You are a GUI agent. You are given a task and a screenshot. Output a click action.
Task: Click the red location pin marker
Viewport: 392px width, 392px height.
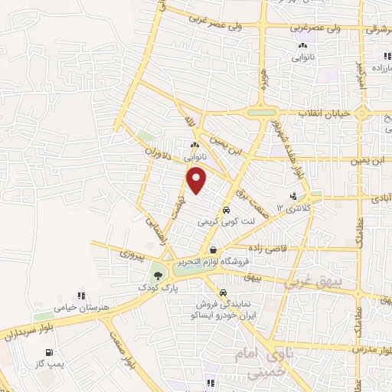[197, 180]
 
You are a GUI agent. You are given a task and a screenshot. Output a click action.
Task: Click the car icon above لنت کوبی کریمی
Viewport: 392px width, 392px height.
[227, 211]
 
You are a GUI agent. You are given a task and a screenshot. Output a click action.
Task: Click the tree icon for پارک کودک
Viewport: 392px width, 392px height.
[158, 276]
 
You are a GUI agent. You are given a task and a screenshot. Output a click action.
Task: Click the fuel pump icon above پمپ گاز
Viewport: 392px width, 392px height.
[50, 352]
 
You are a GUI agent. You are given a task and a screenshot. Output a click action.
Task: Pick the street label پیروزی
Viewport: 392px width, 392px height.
[126, 251]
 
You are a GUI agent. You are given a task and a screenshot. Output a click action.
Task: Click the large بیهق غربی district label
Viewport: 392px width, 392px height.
[315, 283]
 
